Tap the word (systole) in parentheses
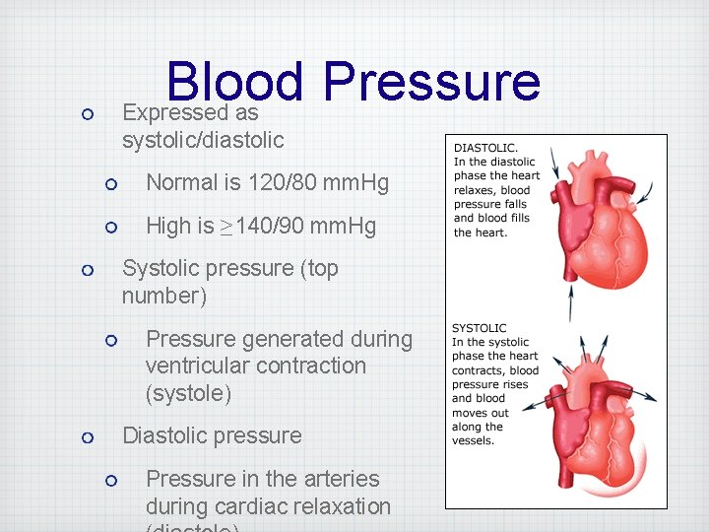pos(188,393)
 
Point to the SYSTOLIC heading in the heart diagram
pos(480,328)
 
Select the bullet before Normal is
pos(111,183)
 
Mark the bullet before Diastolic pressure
pos(88,436)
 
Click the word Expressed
pos(174,112)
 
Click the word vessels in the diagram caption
pos(474,440)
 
